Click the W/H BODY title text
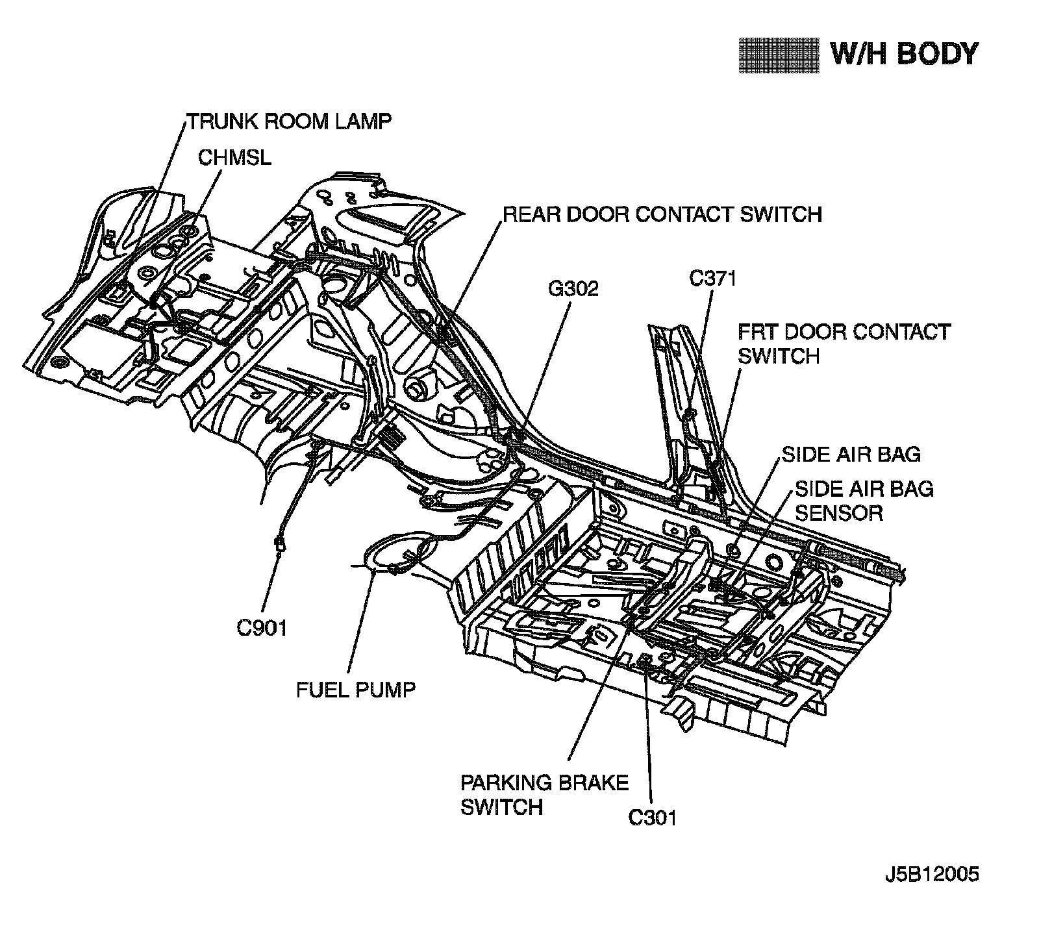tap(904, 54)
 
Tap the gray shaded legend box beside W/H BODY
tap(779, 55)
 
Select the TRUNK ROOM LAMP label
tap(290, 121)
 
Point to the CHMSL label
tap(234, 158)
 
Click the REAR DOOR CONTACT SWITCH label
tap(662, 214)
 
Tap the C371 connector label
tap(712, 279)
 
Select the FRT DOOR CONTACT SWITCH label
tap(844, 344)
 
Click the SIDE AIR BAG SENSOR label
tap(864, 500)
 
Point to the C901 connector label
tap(262, 628)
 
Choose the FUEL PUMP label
tap(355, 689)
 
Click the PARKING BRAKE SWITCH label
tap(544, 794)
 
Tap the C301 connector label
tap(652, 818)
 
